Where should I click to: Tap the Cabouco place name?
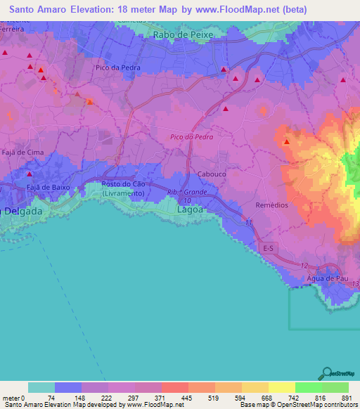coord(212,174)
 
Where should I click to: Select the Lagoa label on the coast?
coord(189,209)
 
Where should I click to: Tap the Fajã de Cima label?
coord(22,152)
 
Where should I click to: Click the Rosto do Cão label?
coord(124,184)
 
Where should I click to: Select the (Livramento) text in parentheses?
coord(124,193)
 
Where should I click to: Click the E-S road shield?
coord(268,249)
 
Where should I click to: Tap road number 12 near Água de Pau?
coord(303,265)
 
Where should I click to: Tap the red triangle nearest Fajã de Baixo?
coord(29,174)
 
